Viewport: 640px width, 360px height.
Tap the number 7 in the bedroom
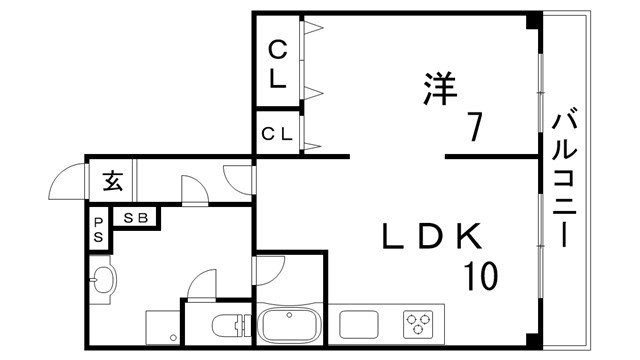[x=475, y=129]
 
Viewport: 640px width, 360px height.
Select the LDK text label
[x=432, y=237]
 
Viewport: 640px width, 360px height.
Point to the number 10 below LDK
[x=481, y=275]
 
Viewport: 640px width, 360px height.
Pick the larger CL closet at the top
[x=278, y=62]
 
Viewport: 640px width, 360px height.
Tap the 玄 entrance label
[x=111, y=182]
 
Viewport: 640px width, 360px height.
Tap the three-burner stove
[x=419, y=324]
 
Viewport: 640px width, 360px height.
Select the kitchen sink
[x=359, y=325]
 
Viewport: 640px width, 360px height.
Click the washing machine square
[x=161, y=327]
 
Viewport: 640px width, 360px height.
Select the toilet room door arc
[x=204, y=284]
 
